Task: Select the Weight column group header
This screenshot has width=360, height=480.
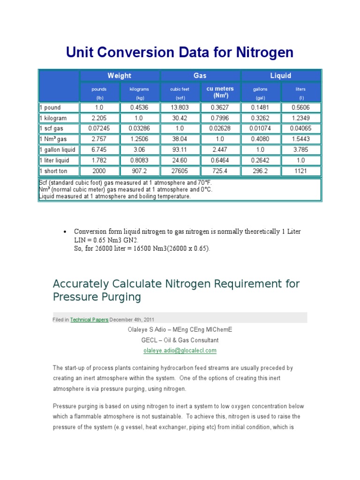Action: coord(120,75)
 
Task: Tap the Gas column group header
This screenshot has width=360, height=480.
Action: coord(200,75)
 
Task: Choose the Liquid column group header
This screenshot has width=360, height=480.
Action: coord(280,75)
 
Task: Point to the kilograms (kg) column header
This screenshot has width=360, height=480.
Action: coord(140,93)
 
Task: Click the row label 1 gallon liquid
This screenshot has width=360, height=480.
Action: coord(57,150)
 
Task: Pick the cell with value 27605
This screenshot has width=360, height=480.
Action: coord(180,171)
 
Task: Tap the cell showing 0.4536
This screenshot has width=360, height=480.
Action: coord(140,107)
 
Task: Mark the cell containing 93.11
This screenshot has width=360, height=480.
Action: coord(180,150)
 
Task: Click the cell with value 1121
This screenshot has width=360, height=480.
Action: coord(300,171)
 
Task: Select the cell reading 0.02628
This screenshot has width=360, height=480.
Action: coord(220,128)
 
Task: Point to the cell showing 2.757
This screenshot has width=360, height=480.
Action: coord(99,139)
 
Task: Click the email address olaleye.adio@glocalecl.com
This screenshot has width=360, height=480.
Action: coord(180,350)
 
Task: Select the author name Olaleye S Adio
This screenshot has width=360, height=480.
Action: coord(148,330)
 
